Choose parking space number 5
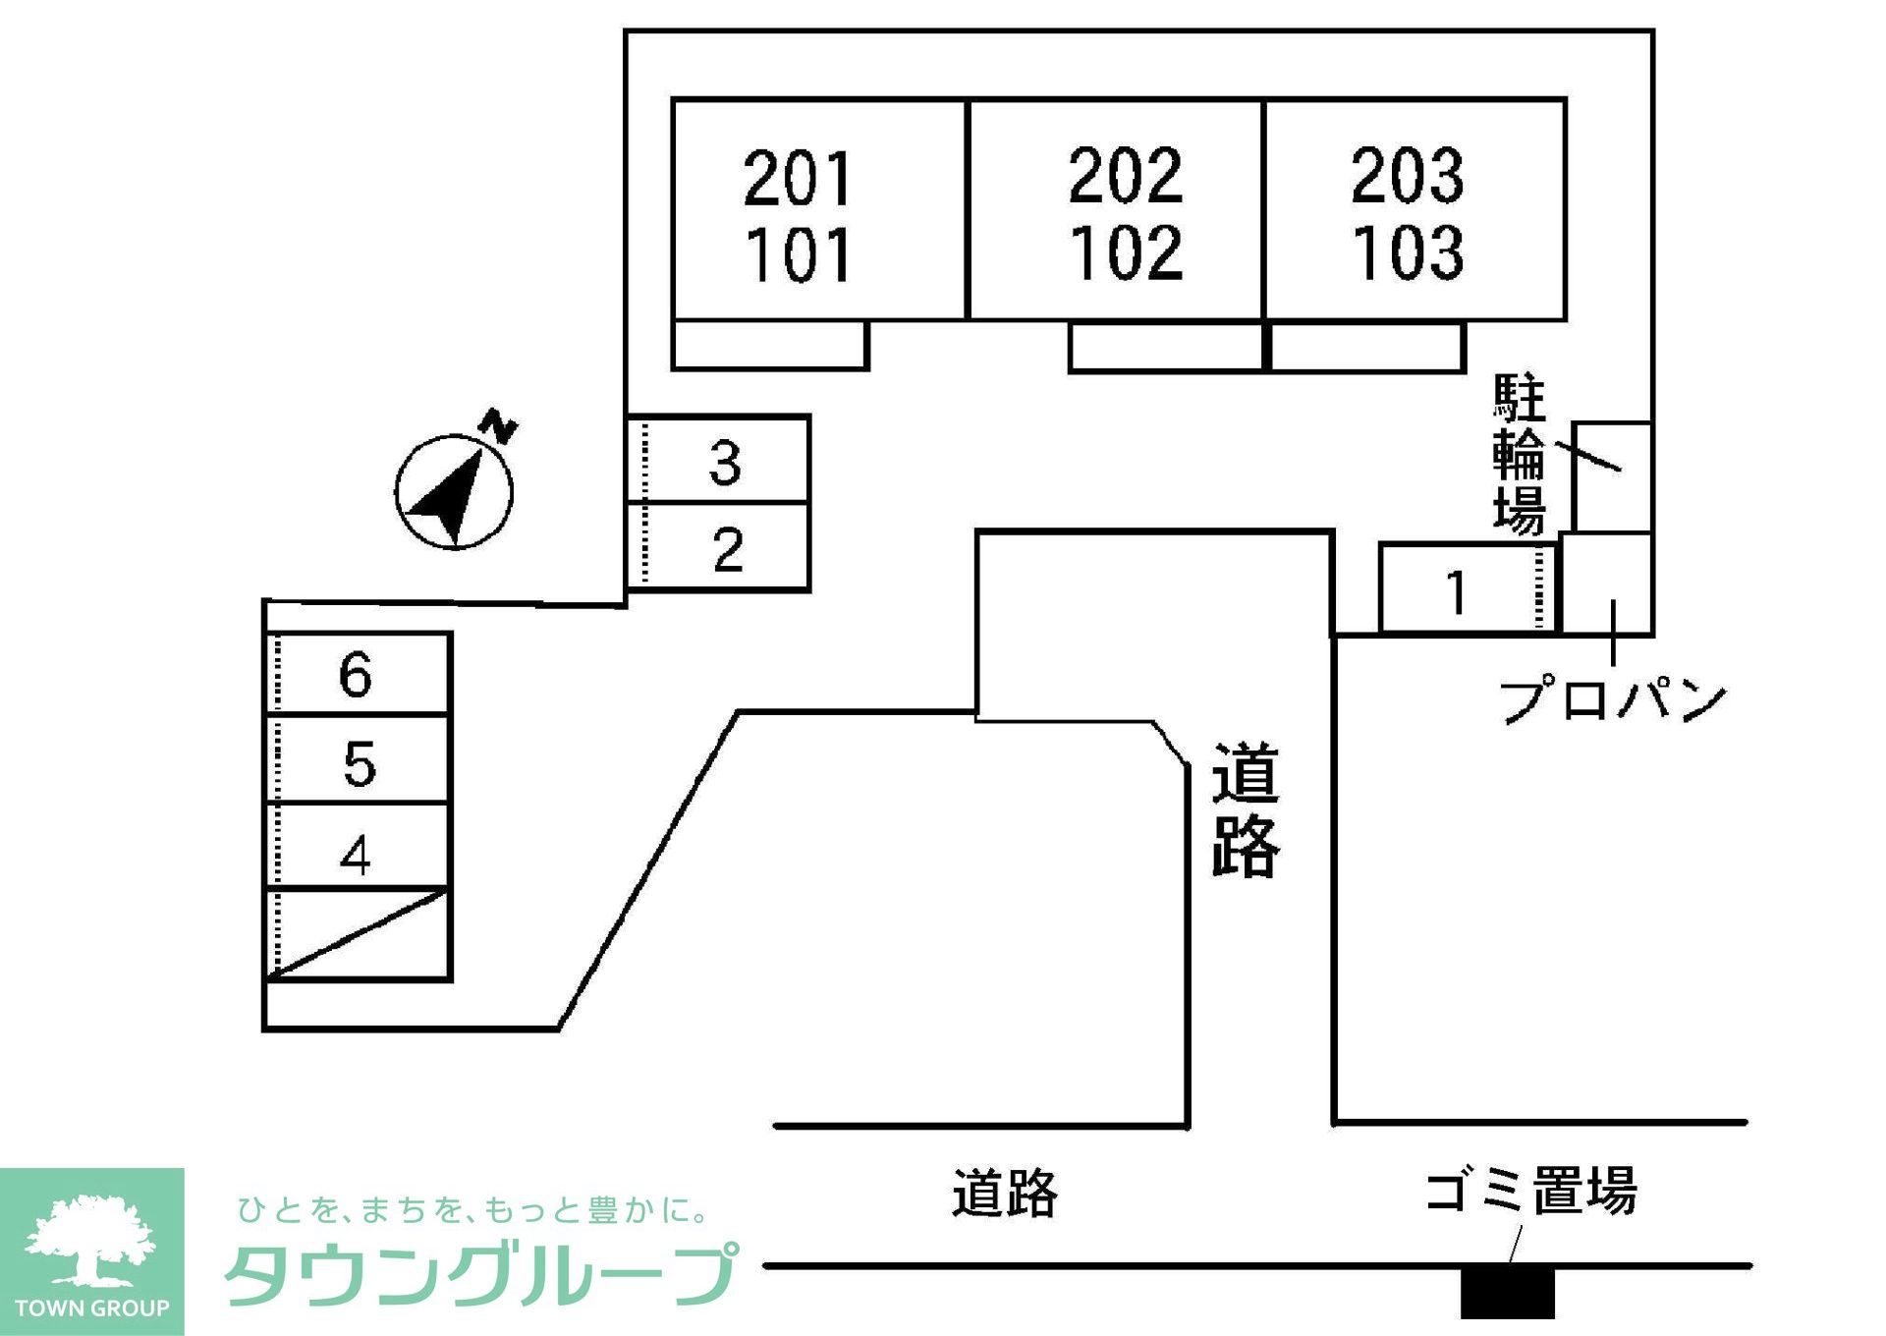click(x=359, y=762)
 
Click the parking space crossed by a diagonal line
click(x=359, y=934)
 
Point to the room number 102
click(x=1126, y=252)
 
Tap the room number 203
click(x=1408, y=176)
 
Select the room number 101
click(x=797, y=255)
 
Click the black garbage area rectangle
click(x=1507, y=1293)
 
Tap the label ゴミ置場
click(x=1530, y=1191)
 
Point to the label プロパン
click(x=1611, y=699)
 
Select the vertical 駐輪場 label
click(x=1519, y=454)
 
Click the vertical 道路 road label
click(x=1245, y=808)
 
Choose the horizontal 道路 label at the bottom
click(x=1004, y=1193)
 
